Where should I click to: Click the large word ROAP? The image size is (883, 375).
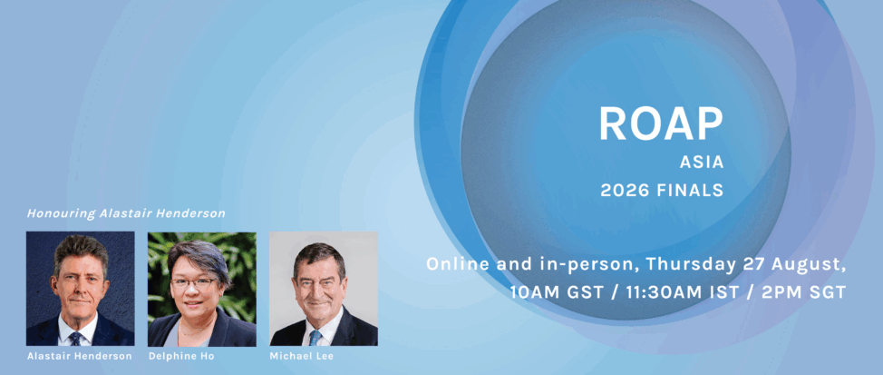tap(661, 123)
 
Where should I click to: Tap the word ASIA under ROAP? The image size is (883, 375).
tap(701, 163)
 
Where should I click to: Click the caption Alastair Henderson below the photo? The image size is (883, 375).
tap(80, 356)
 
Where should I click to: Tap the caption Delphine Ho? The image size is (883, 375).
tap(181, 356)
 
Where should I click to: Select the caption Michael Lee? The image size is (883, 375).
tap(301, 356)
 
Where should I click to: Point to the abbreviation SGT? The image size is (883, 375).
tap(826, 292)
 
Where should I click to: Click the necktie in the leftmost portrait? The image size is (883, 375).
tap(75, 338)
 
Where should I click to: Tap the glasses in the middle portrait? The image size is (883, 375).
tap(193, 282)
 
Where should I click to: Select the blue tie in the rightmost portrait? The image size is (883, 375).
tap(315, 337)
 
